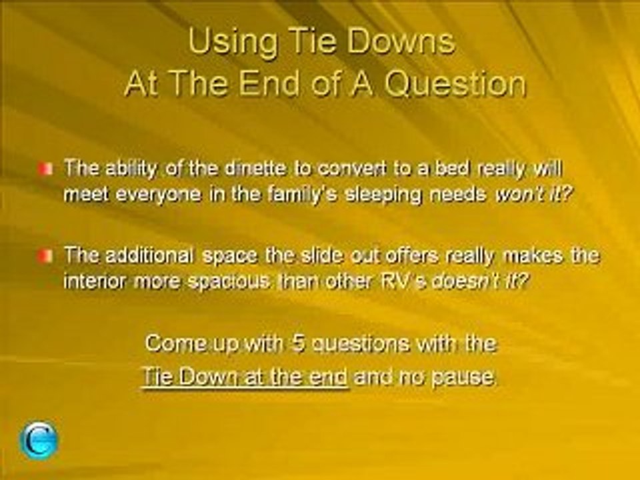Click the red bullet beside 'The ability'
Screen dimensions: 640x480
click(45, 169)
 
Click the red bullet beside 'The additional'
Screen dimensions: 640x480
click(45, 256)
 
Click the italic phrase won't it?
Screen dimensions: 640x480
click(532, 195)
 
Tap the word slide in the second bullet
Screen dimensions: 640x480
click(319, 255)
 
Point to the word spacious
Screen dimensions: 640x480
click(229, 281)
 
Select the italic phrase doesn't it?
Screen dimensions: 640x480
click(479, 281)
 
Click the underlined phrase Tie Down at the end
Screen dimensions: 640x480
click(245, 376)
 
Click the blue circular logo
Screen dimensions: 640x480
click(39, 441)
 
